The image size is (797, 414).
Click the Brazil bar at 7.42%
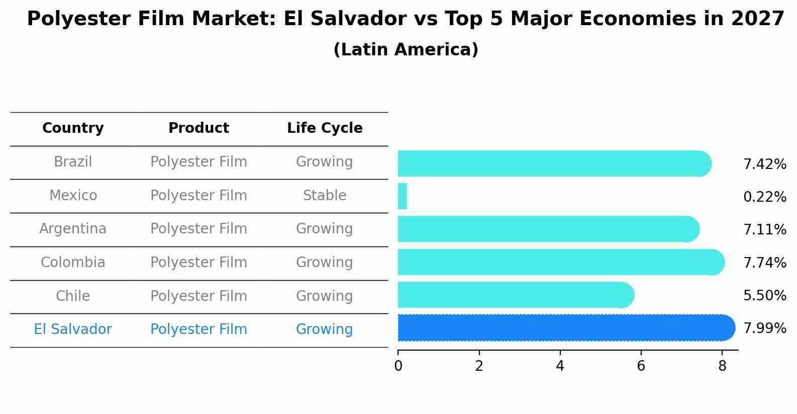553,163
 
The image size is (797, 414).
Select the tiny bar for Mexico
402,196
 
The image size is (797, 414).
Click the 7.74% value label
764,263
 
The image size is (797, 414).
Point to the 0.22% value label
764,197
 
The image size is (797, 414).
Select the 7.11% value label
764,230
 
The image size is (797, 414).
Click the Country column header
73,128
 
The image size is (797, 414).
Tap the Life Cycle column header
325,128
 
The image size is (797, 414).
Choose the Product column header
198,128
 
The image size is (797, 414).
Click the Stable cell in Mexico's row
325,196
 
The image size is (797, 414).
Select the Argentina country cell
73,229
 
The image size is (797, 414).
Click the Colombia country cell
73,263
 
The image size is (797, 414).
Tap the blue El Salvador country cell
73,329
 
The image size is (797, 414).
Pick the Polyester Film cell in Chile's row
198,296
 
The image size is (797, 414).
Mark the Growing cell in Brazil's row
325,162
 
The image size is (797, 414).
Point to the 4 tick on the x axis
560,366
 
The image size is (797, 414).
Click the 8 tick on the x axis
722,366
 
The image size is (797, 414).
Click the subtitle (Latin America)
406,50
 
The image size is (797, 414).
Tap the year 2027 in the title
757,19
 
